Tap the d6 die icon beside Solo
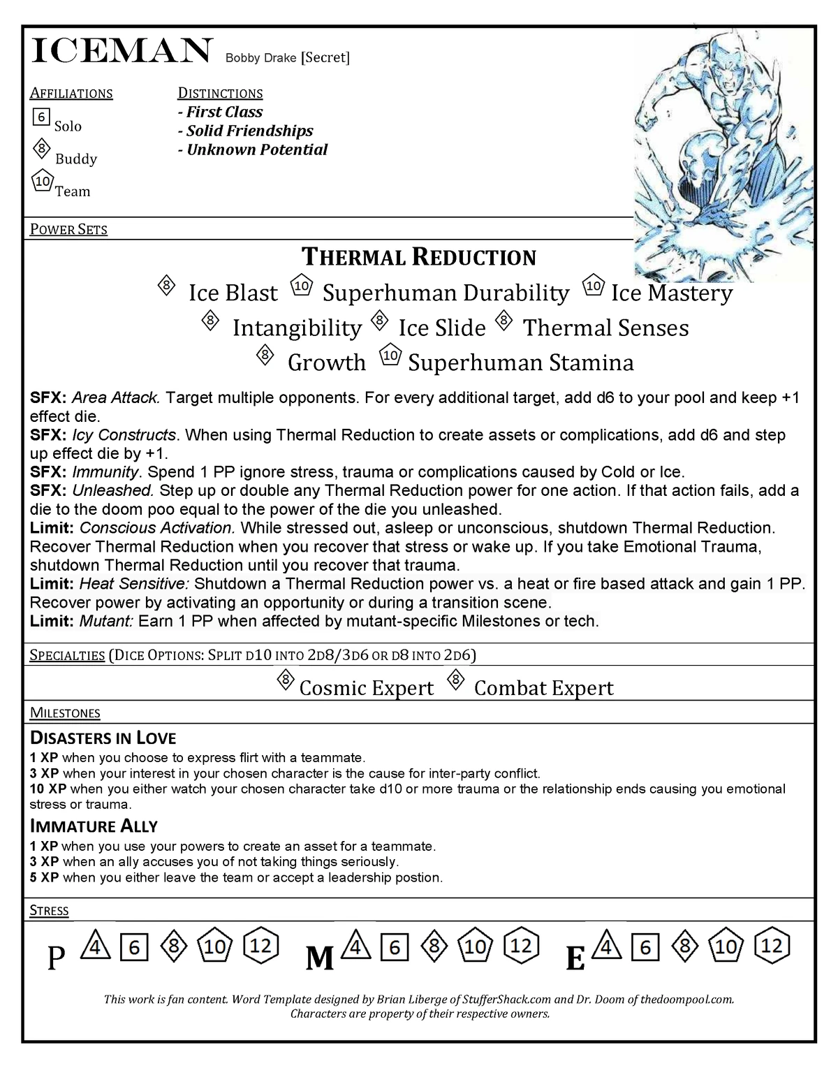coord(41,117)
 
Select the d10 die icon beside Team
coord(43,182)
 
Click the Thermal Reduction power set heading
coord(418,257)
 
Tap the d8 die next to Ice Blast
coord(166,286)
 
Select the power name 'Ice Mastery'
coord(671,293)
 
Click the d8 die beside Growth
coord(265,356)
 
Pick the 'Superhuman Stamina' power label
coord(521,363)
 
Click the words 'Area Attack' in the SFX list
coord(116,398)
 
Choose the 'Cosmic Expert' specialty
coord(366,688)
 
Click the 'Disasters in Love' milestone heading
coord(103,738)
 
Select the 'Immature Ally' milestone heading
coord(94,826)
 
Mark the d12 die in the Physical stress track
coord(261,946)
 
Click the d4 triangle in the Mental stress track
coord(356,946)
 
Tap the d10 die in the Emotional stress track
coord(726,946)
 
